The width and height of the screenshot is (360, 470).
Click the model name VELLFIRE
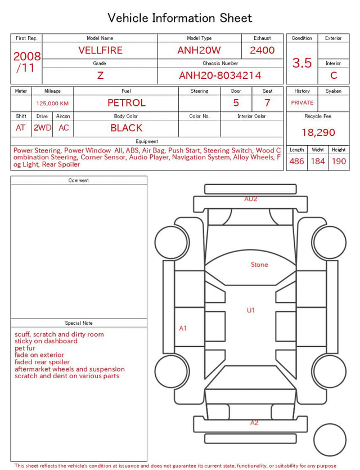pyautogui.click(x=100, y=50)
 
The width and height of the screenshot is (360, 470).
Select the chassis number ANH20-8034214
pyautogui.click(x=220, y=75)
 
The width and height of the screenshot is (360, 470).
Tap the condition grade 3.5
pyautogui.click(x=302, y=63)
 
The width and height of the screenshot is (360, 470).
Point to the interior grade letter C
pyautogui.click(x=334, y=75)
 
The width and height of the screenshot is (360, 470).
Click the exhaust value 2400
pyautogui.click(x=262, y=50)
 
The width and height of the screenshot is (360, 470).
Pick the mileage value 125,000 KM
pyautogui.click(x=52, y=104)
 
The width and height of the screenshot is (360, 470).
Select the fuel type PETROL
pyautogui.click(x=127, y=103)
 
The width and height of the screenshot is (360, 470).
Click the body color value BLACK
pyautogui.click(x=127, y=128)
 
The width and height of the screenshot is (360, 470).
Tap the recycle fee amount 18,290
pyautogui.click(x=318, y=132)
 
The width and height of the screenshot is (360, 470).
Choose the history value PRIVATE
pyautogui.click(x=302, y=103)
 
